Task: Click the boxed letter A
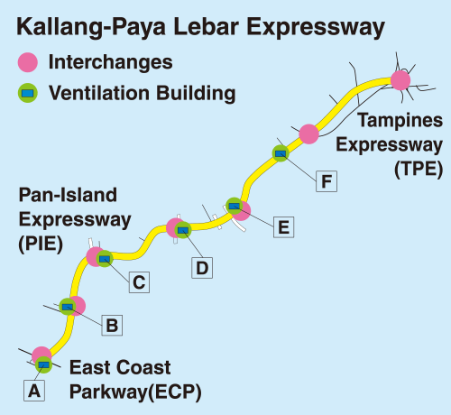coord(34,391)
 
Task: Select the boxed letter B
coord(112,325)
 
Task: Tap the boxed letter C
coord(139,282)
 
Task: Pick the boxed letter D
coord(202,268)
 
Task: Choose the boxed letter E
coord(284,227)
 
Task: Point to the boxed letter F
coord(327,181)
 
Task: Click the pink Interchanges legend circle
coord(28,62)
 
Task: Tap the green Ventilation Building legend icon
coord(28,93)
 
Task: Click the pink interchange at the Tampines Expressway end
coord(400,80)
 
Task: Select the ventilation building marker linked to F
coord(281,153)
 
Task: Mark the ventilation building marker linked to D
coord(183,230)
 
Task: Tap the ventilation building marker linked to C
coord(105,259)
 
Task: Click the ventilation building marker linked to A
coord(44,365)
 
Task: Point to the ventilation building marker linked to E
coord(235,206)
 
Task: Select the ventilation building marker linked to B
coord(68,307)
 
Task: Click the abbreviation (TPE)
coord(419,169)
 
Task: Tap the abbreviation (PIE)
coord(41,244)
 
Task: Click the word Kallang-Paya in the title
coord(91,27)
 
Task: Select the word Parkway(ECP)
coord(135,392)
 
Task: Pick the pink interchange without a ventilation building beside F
coord(309,134)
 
